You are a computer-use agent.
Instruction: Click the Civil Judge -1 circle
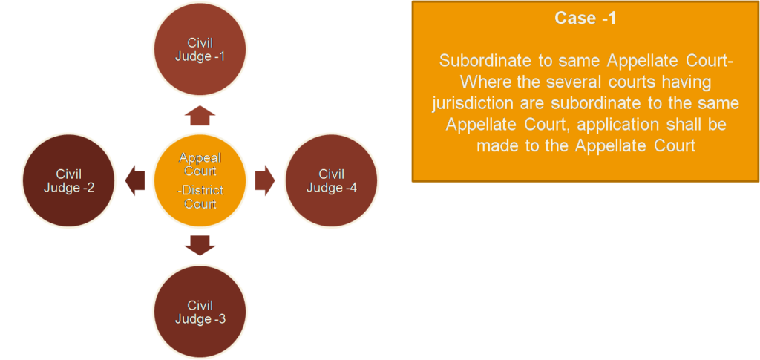click(x=200, y=48)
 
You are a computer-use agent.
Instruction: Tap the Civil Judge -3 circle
click(x=200, y=312)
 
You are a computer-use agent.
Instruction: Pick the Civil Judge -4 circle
click(x=331, y=181)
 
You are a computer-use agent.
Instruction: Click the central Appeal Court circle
click(x=200, y=181)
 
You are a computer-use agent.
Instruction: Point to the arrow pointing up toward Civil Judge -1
click(x=200, y=116)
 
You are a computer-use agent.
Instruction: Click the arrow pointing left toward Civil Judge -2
click(x=136, y=181)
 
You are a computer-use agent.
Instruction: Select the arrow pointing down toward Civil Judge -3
click(x=200, y=246)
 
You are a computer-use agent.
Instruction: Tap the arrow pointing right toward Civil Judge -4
click(x=264, y=181)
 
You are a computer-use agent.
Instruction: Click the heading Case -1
click(x=586, y=19)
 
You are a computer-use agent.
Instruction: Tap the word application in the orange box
click(x=612, y=124)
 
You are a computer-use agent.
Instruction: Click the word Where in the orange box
click(x=473, y=82)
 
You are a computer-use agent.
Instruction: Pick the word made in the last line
click(x=495, y=145)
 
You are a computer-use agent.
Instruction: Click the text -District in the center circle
click(x=200, y=191)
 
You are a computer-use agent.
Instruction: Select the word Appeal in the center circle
click(x=200, y=158)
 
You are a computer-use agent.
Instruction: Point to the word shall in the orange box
click(x=683, y=124)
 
